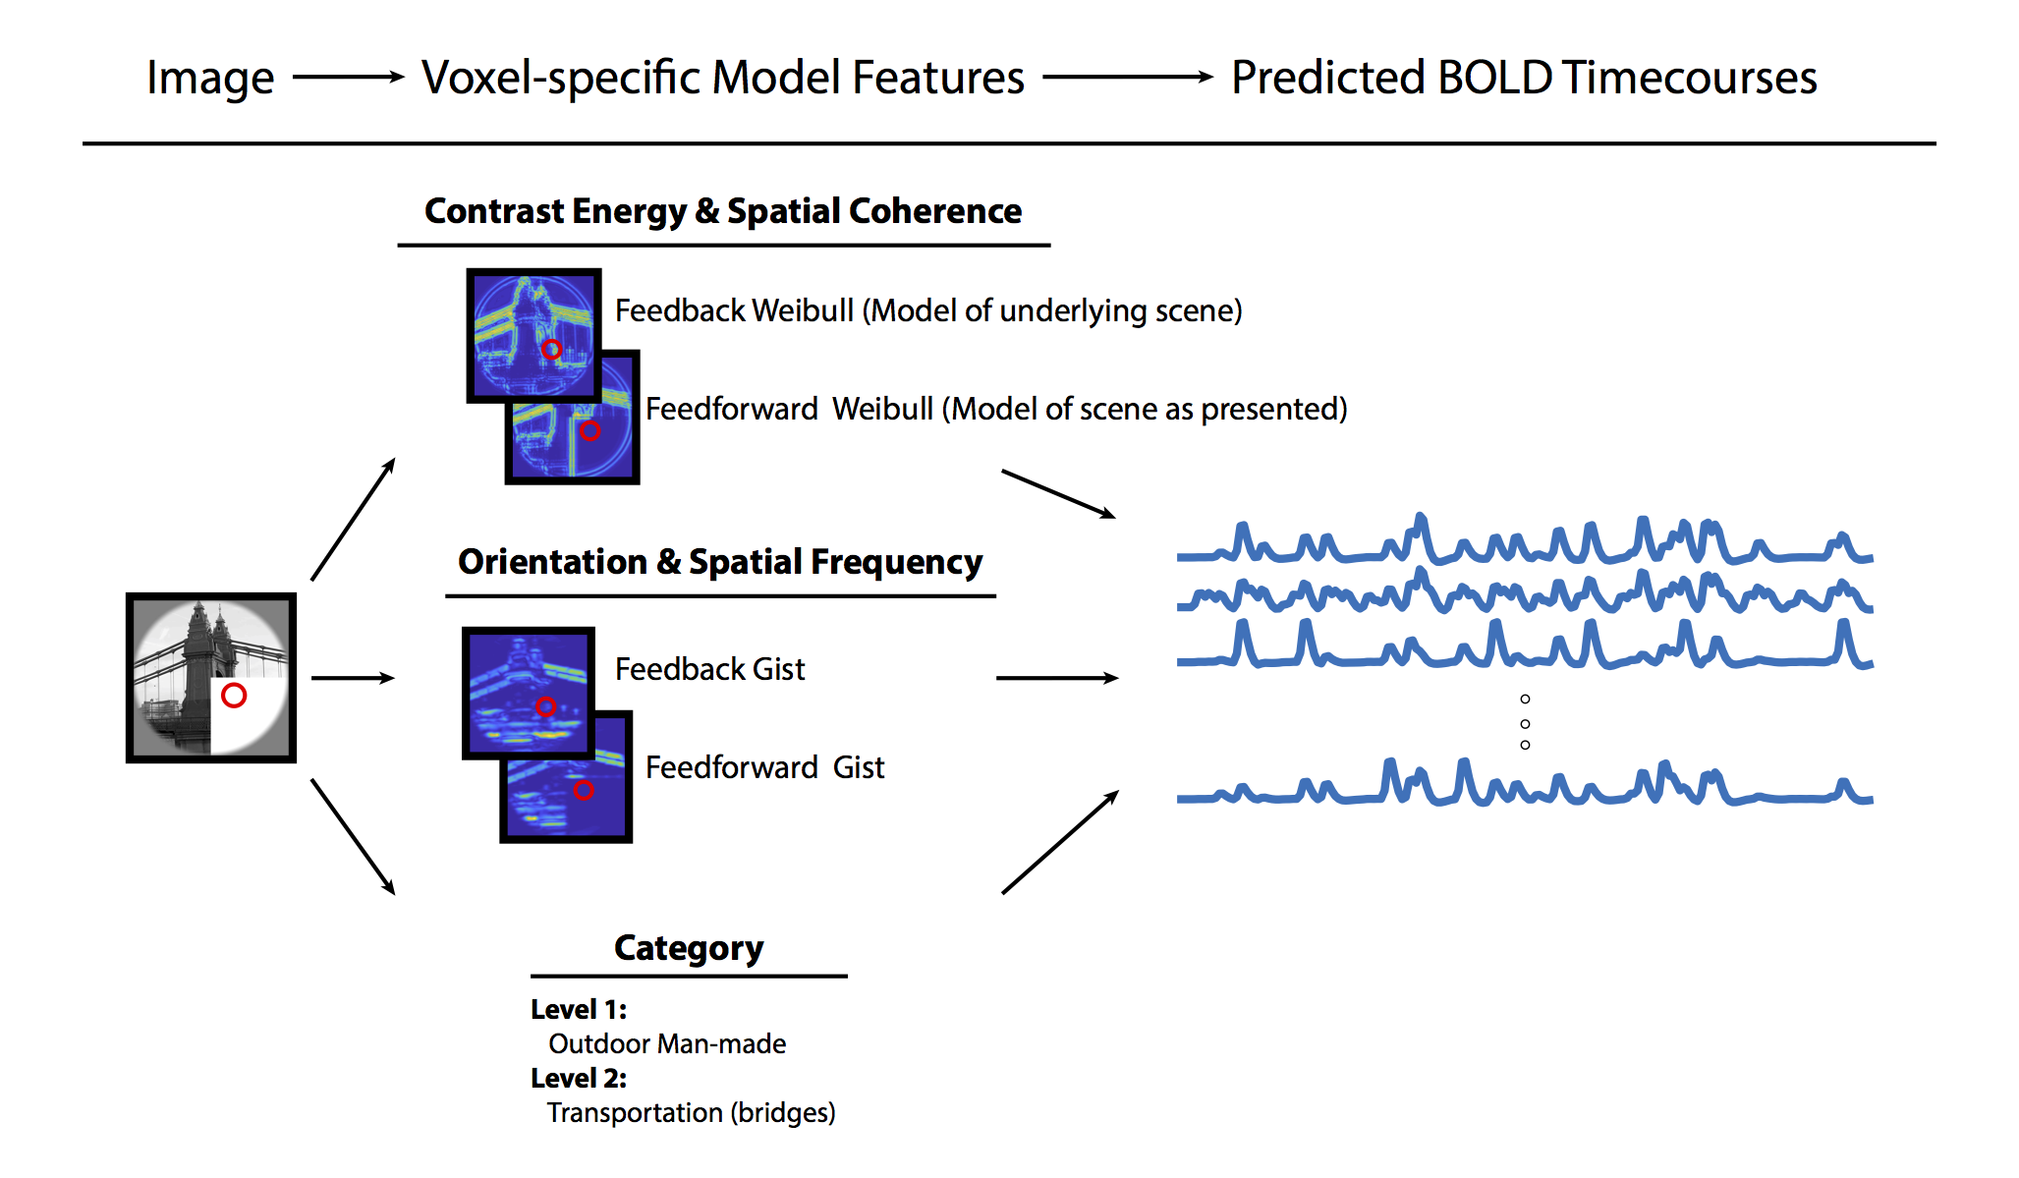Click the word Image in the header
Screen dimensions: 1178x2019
209,79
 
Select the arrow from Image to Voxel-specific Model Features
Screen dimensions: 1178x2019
349,77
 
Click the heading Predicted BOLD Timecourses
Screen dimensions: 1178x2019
1524,78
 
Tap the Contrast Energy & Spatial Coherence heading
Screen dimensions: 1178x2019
723,211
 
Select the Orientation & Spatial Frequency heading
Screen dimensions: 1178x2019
720,562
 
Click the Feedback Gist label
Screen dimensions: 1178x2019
709,669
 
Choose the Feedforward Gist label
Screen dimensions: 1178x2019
764,767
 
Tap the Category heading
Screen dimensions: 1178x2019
689,948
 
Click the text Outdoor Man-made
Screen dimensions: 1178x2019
667,1043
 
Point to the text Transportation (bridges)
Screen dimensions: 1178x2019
691,1112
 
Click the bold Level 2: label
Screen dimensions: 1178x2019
579,1078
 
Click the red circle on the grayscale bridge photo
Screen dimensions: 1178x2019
234,696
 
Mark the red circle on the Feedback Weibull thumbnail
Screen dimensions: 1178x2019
552,350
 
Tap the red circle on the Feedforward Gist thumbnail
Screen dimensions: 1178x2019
584,790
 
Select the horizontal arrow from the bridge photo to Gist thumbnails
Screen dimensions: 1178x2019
353,678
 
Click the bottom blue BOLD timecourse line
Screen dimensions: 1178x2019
1523,792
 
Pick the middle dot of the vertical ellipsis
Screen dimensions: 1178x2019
1525,723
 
